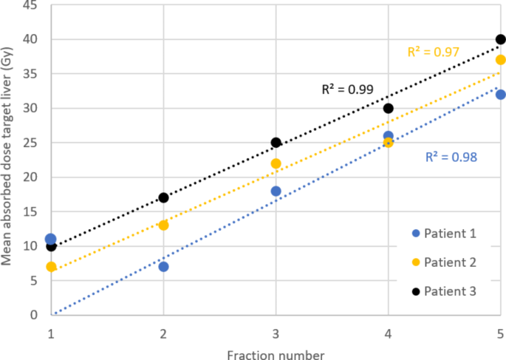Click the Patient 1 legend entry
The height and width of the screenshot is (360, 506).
444,234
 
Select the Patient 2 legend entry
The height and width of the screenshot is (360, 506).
444,262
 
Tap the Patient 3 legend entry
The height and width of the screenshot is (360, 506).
444,291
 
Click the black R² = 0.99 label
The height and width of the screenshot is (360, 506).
347,89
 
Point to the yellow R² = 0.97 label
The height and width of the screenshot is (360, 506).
434,52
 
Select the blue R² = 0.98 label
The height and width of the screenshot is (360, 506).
451,157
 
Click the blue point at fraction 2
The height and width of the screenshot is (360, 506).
163,266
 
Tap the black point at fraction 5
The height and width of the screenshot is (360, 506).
500,39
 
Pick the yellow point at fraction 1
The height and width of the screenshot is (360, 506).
51,266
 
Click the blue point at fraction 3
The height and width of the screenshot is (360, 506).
276,191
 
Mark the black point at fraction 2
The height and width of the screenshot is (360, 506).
163,197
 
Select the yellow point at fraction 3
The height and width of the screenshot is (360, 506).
276,163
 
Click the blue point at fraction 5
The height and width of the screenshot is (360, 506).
500,95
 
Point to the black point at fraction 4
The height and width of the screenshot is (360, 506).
388,108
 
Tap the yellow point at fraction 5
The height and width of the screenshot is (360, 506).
500,60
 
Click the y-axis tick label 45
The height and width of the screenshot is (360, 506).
30,5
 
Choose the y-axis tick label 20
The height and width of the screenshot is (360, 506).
30,177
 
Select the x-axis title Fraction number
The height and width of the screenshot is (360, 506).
276,354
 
